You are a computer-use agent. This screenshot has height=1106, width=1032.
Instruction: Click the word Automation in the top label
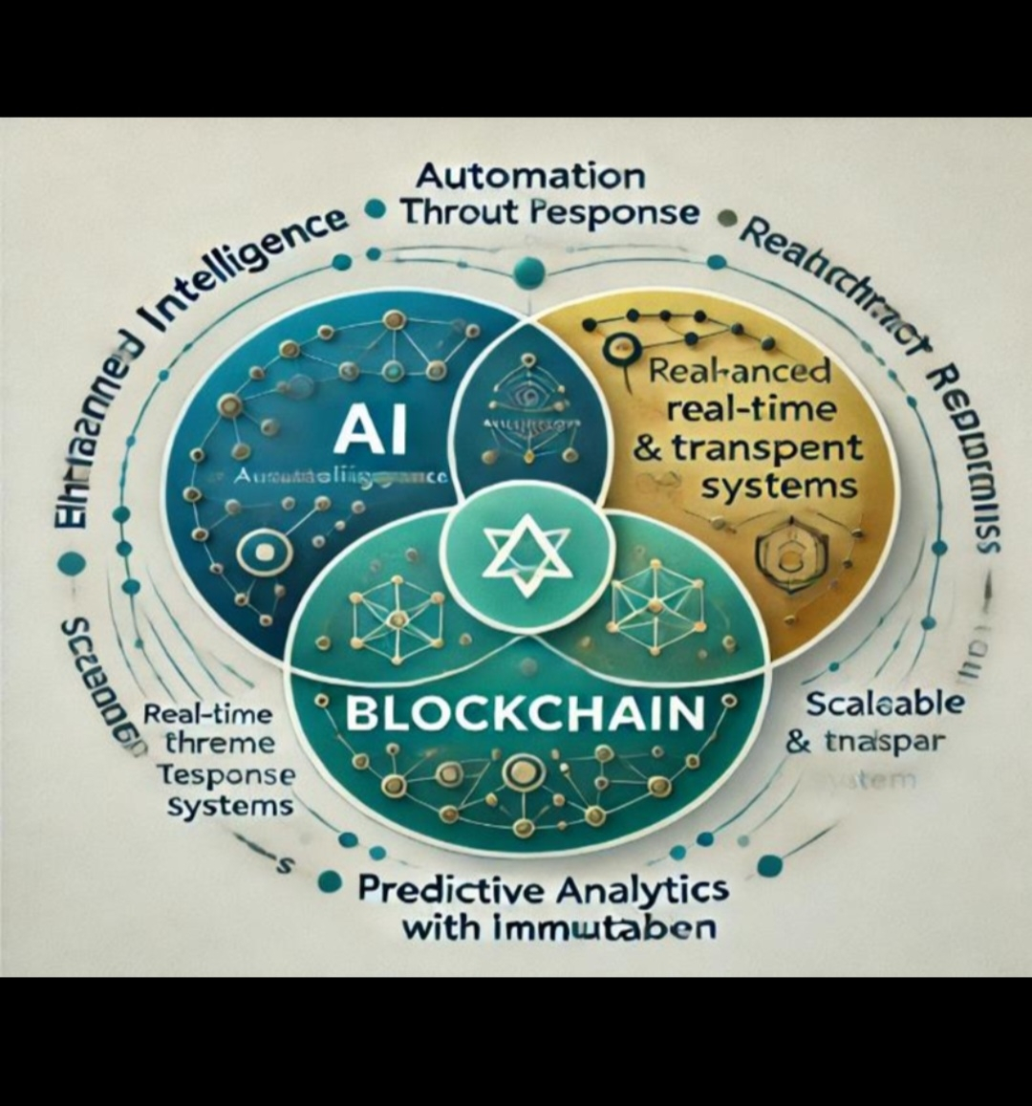[531, 177]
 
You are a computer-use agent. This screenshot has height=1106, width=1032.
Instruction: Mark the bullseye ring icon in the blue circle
[259, 553]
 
